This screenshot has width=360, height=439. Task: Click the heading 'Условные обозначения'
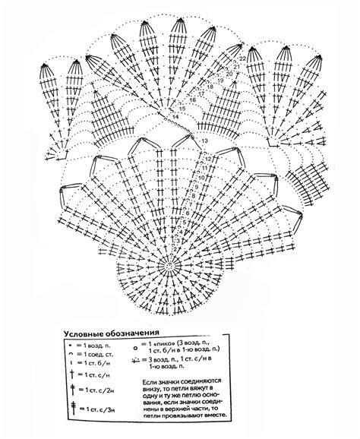[x=110, y=332]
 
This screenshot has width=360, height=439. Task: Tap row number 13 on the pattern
[x=205, y=141]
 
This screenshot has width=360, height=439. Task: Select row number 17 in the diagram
[x=204, y=92]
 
